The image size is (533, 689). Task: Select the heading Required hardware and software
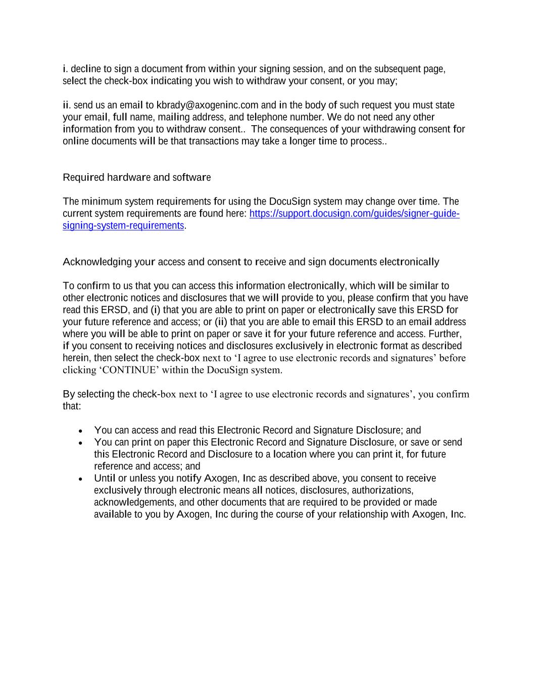pos(136,178)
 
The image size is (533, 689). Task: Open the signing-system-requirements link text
pos(123,226)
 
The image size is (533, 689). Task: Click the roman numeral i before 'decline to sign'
pos(64,69)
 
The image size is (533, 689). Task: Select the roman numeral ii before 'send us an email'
pos(66,105)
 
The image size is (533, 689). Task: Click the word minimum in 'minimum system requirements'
pos(98,202)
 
